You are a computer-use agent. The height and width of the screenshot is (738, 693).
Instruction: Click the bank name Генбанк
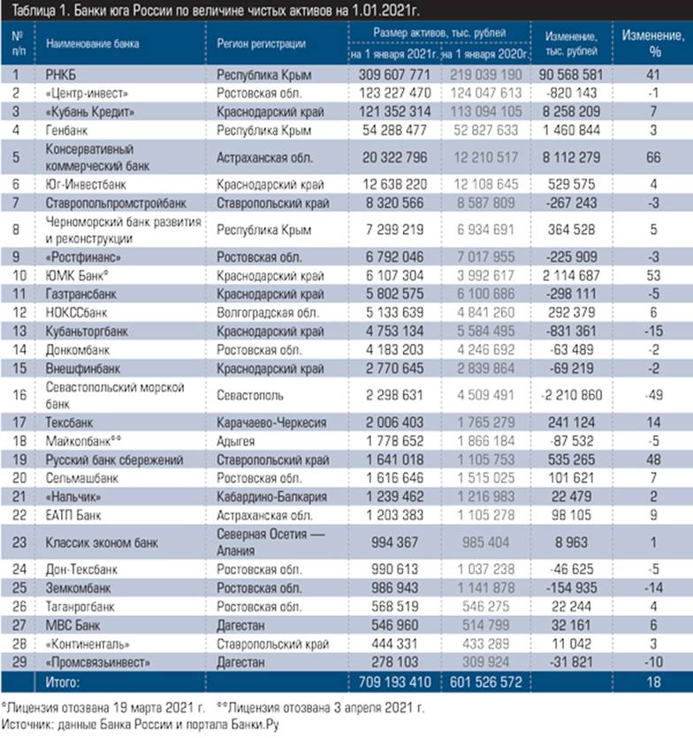point(65,129)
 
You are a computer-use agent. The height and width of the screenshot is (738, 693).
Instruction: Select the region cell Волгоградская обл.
point(264,311)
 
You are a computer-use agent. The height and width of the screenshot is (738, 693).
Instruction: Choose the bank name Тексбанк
point(69,422)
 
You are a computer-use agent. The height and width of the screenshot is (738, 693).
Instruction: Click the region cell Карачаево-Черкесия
point(270,422)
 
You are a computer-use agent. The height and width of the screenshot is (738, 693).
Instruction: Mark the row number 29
point(16,661)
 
